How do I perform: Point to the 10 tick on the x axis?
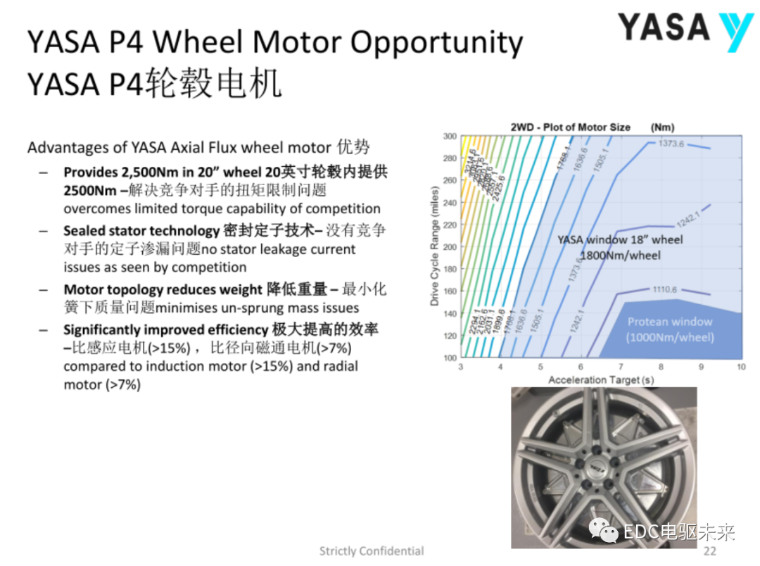740,367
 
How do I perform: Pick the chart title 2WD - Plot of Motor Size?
571,127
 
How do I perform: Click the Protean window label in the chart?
670,322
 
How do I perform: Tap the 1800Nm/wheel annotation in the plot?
620,256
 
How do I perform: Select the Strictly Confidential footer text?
372,551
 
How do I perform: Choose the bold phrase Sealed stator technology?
141,231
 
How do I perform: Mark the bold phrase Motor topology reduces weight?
163,290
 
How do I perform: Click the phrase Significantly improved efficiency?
166,330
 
